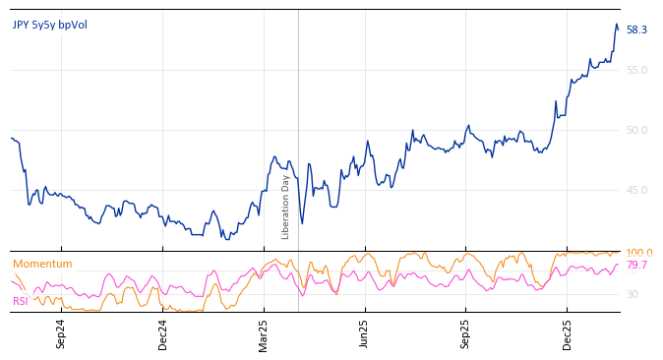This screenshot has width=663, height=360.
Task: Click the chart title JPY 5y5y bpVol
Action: coord(50,25)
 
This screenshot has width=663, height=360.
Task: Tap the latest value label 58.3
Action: coord(636,30)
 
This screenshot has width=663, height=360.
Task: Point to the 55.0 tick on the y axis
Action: coord(636,70)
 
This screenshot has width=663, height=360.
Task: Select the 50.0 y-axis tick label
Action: coord(636,130)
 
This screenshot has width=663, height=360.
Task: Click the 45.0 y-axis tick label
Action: coord(636,190)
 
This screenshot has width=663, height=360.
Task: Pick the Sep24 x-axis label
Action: coord(61,333)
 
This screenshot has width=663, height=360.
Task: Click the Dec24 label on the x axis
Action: coord(163,333)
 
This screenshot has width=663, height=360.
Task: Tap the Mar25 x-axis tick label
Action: coord(264,333)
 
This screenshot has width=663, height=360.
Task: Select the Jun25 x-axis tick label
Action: coord(364,333)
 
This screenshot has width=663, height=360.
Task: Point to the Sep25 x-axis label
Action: coord(465,333)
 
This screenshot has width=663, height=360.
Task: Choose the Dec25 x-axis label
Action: coord(567,333)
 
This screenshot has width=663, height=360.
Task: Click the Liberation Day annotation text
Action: coord(286,207)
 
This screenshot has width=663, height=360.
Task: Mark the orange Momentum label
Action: coord(42,264)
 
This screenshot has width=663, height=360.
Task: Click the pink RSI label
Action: coord(21,301)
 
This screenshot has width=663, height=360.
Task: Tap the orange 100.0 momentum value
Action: coord(638,253)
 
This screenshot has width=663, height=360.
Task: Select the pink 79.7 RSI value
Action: coord(636,266)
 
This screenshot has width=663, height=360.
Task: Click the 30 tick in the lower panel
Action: coord(632,294)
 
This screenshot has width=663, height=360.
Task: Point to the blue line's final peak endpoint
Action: coord(617,25)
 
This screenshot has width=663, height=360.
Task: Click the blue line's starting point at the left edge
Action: coord(12,138)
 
